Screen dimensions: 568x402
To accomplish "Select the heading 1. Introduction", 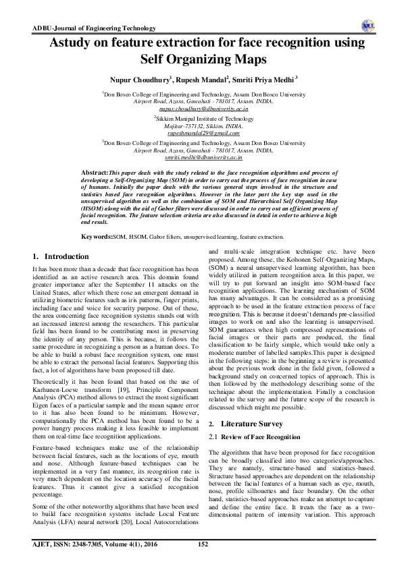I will point(61,257).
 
